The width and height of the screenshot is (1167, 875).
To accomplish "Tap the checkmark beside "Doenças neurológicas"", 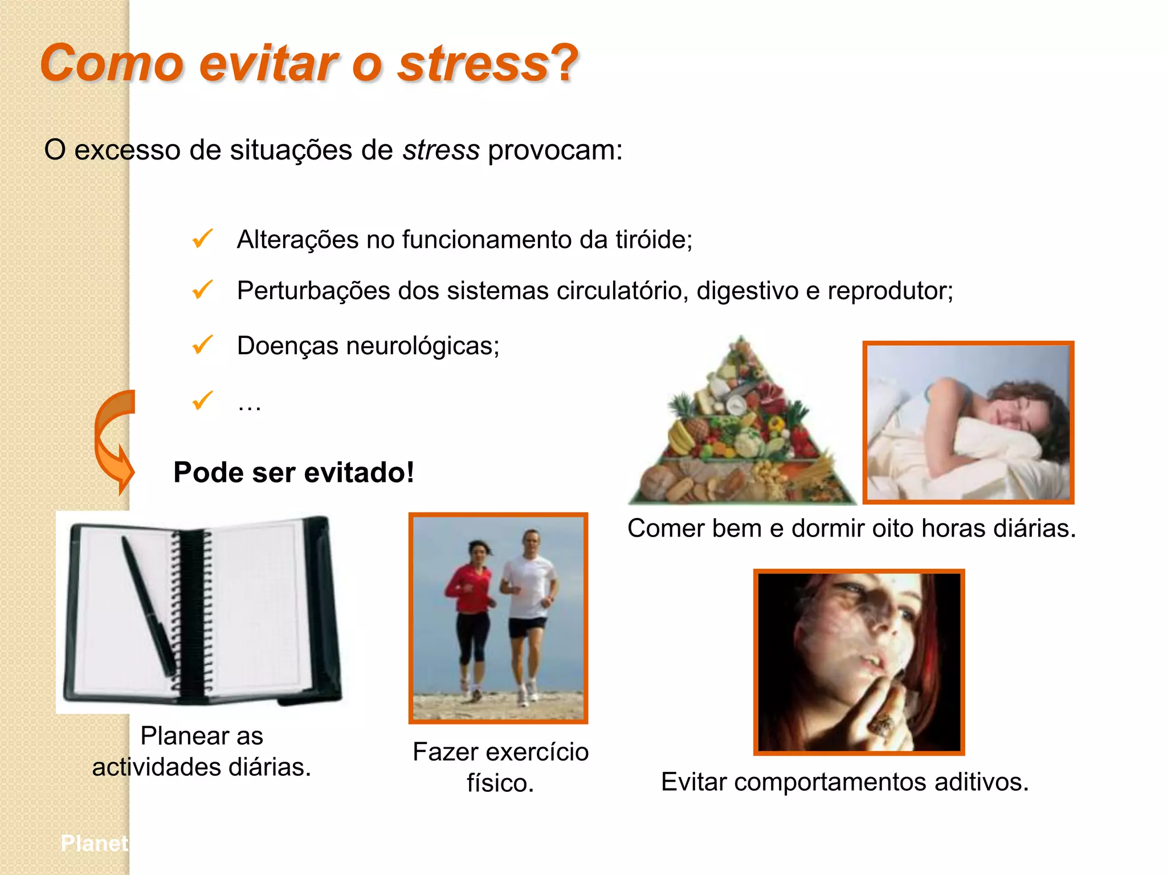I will click(x=202, y=345).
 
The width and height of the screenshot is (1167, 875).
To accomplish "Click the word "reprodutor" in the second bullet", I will click(x=889, y=291).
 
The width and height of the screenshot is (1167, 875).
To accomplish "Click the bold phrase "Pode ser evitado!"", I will click(x=293, y=472).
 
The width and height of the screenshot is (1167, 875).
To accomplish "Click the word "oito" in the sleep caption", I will click(x=895, y=528).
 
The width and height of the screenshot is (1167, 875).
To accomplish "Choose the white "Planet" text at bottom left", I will click(x=95, y=843).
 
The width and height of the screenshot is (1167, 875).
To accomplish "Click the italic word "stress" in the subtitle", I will click(x=440, y=150).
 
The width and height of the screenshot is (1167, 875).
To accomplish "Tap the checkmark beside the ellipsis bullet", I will click(x=202, y=401).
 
